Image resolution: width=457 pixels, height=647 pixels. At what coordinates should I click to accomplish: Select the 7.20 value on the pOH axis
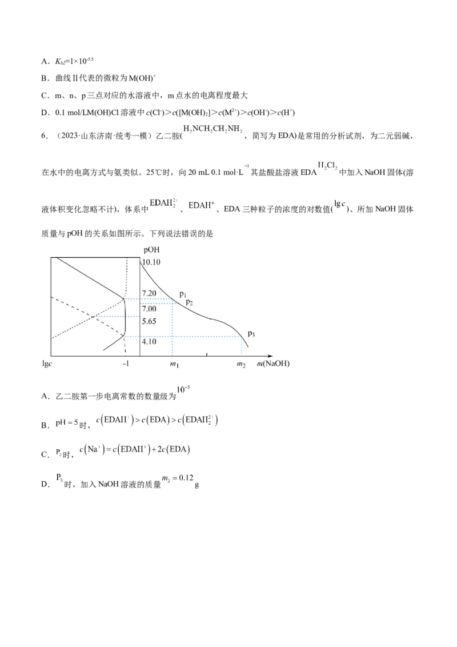149,293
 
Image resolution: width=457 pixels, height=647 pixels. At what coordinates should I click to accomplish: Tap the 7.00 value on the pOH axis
149,308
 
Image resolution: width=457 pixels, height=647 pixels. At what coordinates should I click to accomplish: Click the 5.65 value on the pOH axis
149,321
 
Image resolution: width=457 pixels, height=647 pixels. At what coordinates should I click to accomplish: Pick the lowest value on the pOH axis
149,342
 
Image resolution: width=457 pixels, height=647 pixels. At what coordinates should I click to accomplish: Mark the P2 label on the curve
190,301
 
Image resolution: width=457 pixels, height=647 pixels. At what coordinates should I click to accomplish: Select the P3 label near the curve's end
251,334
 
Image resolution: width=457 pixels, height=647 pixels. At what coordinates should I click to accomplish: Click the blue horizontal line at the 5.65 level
109,316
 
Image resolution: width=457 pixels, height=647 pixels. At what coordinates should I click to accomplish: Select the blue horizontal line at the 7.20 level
150,299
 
